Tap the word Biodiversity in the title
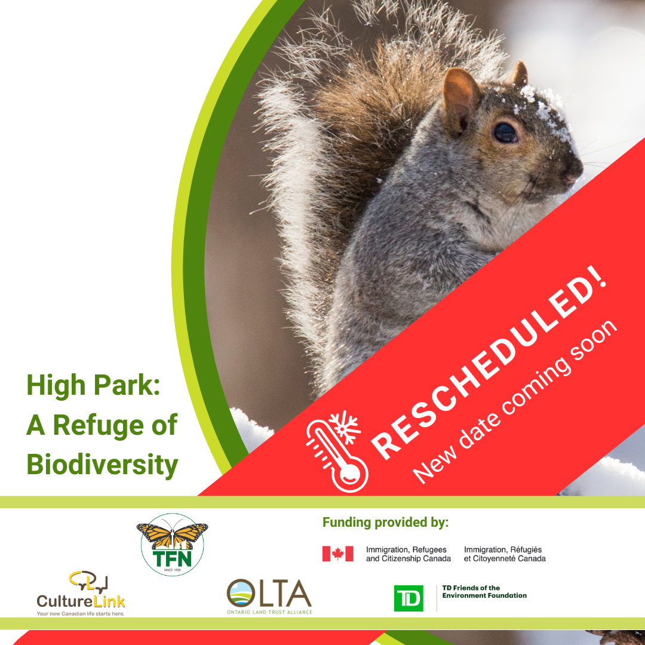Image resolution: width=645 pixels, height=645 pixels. coord(103,465)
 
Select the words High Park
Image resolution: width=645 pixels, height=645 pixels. coord(93,385)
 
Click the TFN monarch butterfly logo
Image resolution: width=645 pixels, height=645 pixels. coord(173,544)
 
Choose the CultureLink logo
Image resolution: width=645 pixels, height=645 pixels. coord(81,594)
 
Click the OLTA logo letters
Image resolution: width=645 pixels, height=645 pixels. coord(269,594)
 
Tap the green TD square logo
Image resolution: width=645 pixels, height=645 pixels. coord(408,598)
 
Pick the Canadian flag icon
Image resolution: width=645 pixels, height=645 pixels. coord(337,554)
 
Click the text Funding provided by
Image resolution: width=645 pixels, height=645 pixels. coord(385,523)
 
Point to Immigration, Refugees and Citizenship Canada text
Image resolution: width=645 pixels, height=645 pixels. coord(408,554)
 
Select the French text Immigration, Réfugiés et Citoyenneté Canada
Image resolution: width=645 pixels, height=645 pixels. coord(505,554)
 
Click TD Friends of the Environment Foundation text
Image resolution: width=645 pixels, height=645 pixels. coord(484,591)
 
